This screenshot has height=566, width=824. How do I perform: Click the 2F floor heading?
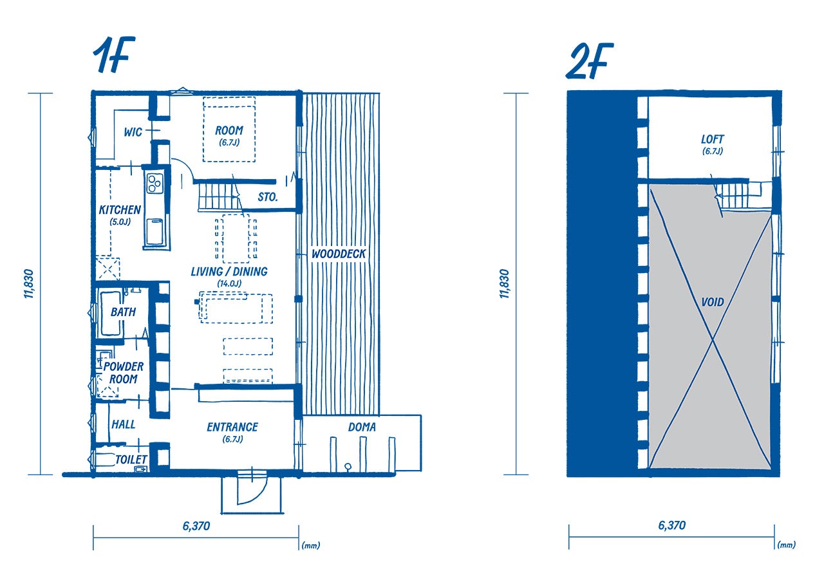tap(589, 61)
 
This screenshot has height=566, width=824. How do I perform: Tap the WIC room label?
tap(133, 132)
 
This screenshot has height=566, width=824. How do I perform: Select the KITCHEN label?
tap(120, 210)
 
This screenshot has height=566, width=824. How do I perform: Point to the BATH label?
tap(123, 312)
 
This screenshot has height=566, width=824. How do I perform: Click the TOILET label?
tap(131, 459)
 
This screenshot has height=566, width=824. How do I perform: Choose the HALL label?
tap(123, 424)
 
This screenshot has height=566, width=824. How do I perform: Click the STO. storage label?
tap(267, 197)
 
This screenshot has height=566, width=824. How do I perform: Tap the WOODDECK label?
tap(339, 254)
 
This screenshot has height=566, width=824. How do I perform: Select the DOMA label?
tap(362, 427)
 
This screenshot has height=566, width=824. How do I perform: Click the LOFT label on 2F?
tap(712, 139)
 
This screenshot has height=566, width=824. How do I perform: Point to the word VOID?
tap(713, 302)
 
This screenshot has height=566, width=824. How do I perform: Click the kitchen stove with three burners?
tap(154, 183)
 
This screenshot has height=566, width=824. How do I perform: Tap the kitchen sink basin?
tap(154, 231)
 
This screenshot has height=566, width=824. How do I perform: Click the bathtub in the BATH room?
tap(110, 314)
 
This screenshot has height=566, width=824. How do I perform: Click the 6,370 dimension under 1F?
tap(196, 526)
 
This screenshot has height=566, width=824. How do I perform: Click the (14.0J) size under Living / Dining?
tap(229, 283)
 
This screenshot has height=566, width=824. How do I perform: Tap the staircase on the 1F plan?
tap(220, 197)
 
